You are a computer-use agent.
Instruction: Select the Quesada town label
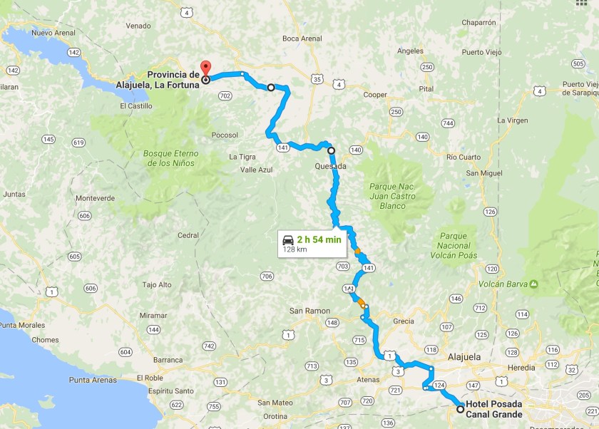330,166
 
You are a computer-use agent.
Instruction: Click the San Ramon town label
309,311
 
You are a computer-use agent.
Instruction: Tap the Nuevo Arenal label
53,33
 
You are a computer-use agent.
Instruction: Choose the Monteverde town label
95,198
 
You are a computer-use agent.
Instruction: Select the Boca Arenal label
302,38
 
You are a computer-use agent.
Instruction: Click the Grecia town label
403,321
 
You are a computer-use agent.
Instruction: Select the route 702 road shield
225,95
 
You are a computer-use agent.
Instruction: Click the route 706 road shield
267,276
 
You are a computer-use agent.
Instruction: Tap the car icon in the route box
288,239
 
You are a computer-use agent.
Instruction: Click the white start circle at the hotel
460,409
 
